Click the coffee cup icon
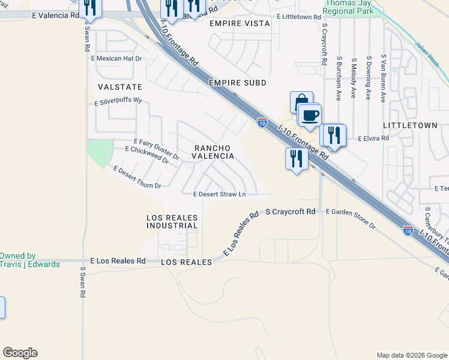[x=310, y=115]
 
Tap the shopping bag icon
[x=301, y=101]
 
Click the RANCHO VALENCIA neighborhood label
[x=212, y=151]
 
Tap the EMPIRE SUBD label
[x=237, y=82]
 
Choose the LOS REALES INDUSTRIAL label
[x=172, y=221]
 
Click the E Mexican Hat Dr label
[x=116, y=59]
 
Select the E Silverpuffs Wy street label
[x=118, y=103]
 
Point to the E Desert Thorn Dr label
[x=133, y=177]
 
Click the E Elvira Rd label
[x=373, y=138]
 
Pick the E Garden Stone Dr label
[x=350, y=219]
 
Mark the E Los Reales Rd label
[x=118, y=261]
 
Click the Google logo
[x=20, y=353]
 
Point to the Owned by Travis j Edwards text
[x=29, y=260]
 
